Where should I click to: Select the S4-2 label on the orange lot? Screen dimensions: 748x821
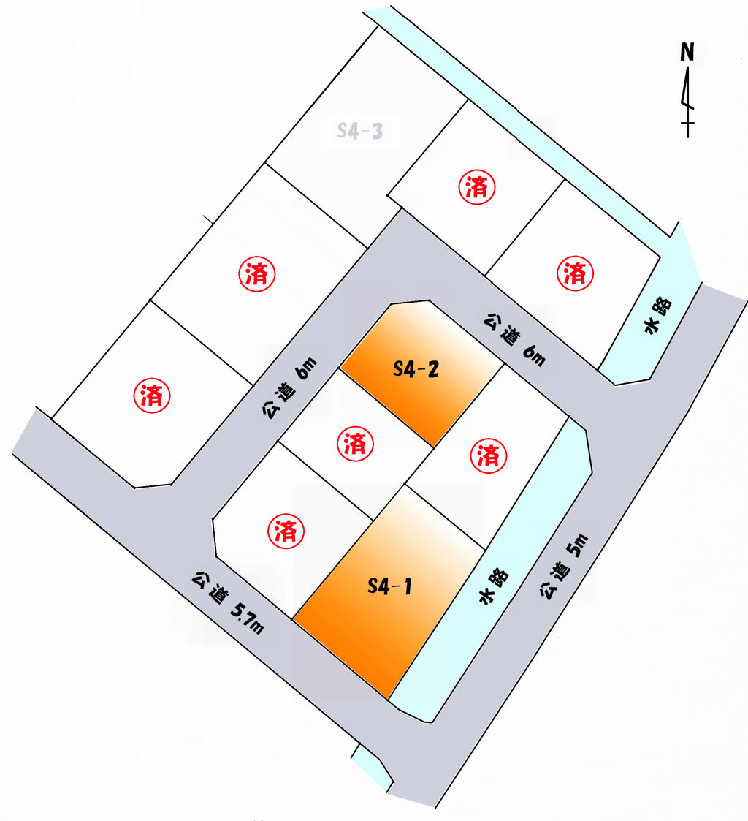(416, 370)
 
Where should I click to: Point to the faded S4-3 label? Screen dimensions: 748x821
(361, 132)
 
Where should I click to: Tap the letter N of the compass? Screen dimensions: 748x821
(687, 52)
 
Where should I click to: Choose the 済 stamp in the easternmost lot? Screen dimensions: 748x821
(576, 273)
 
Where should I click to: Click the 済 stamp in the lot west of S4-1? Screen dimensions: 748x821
(286, 531)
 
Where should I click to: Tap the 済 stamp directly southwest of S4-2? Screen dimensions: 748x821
(355, 444)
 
